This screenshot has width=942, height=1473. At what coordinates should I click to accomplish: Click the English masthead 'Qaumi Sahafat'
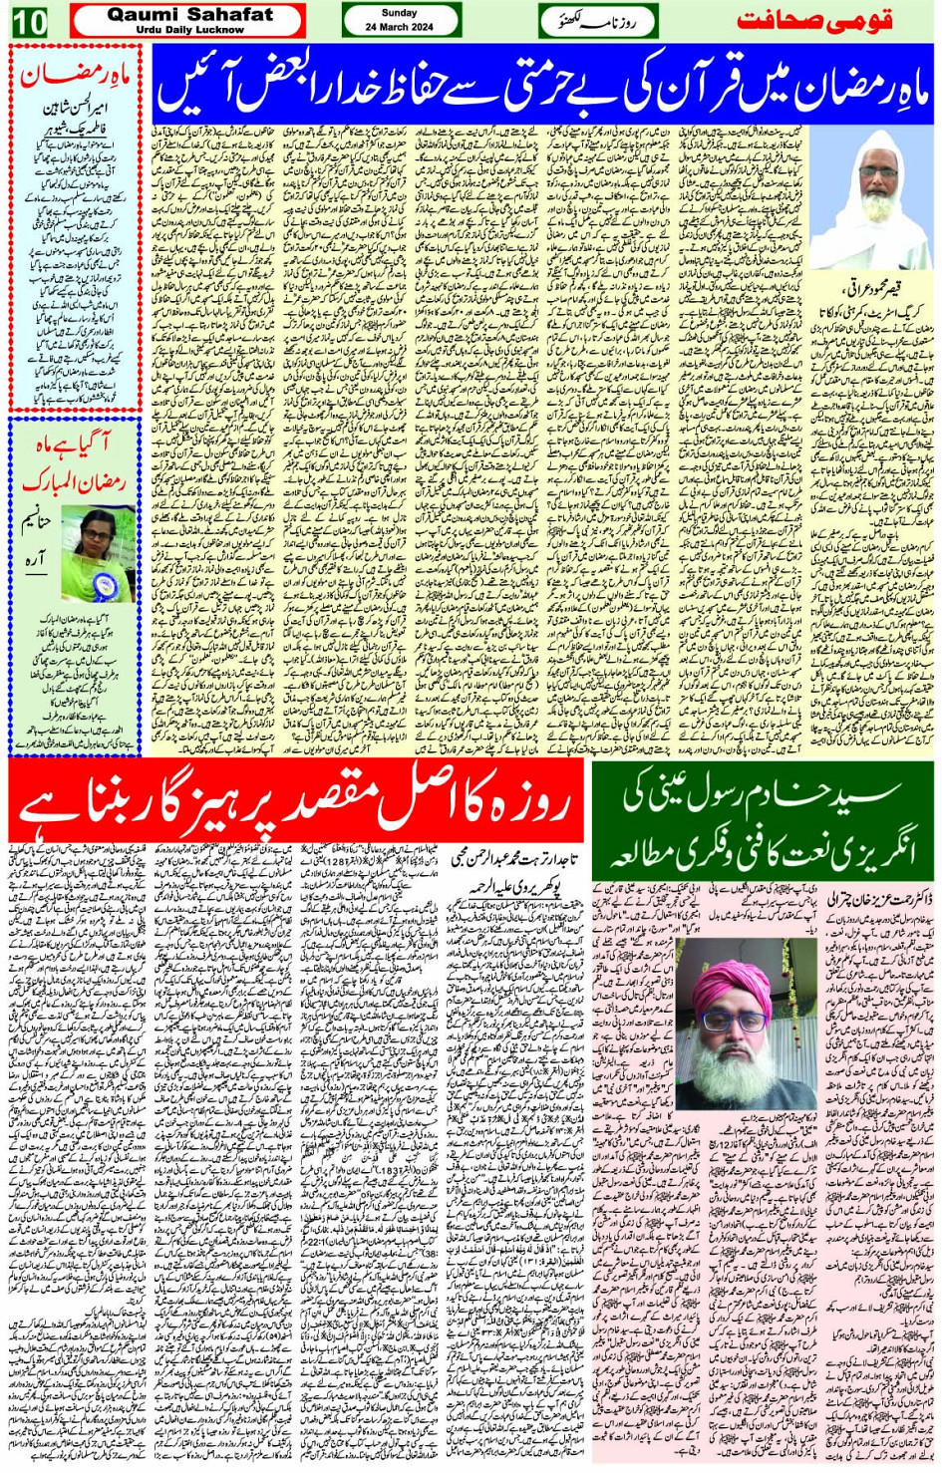click(x=189, y=14)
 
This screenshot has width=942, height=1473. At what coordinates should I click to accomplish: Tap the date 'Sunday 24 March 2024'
click(x=400, y=20)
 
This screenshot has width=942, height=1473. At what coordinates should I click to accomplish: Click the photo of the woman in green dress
click(x=98, y=553)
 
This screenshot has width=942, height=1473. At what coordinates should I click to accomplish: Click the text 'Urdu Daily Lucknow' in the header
click(x=189, y=30)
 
